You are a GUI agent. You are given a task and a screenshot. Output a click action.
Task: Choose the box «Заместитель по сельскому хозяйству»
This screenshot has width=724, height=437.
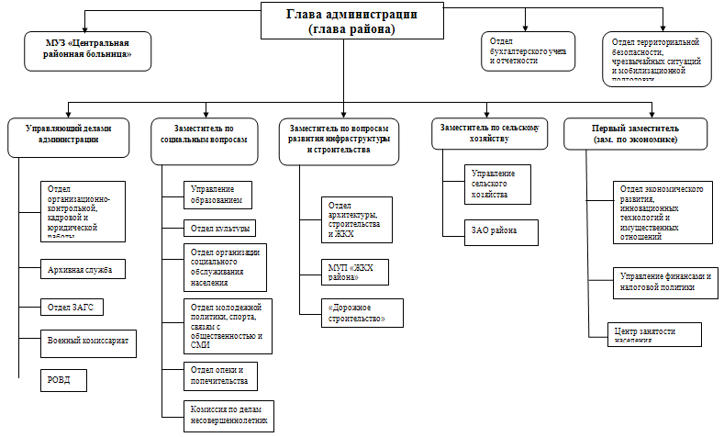tap(489, 134)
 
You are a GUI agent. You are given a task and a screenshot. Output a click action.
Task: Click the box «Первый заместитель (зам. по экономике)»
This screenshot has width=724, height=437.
tap(636, 134)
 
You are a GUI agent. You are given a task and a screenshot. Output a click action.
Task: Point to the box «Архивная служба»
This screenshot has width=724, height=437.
tap(83, 270)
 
